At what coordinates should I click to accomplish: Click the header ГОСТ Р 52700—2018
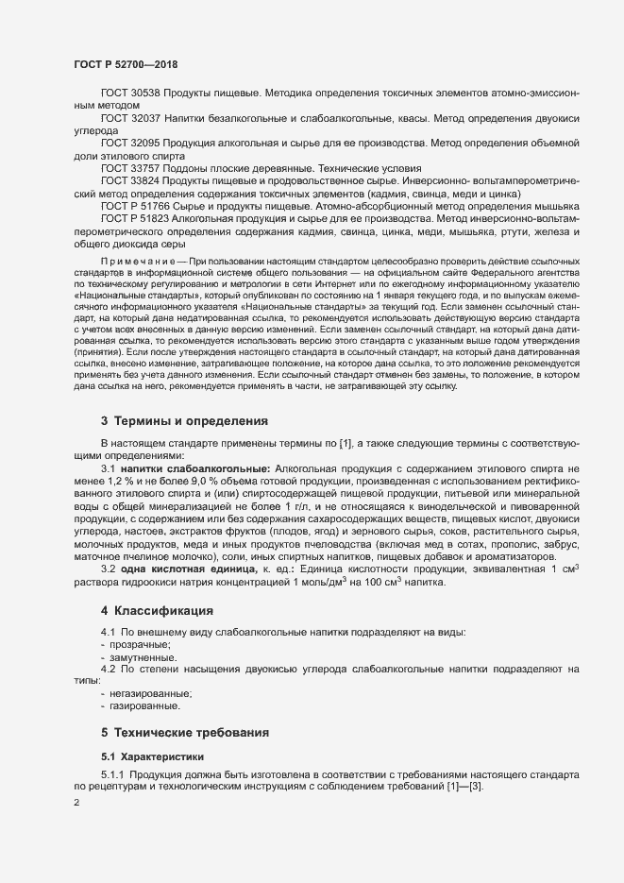point(125,64)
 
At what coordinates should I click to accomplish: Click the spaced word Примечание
point(143,259)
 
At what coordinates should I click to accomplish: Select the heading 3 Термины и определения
point(185,420)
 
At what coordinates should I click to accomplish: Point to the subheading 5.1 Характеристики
point(151,756)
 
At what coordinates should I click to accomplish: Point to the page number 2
point(76,803)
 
